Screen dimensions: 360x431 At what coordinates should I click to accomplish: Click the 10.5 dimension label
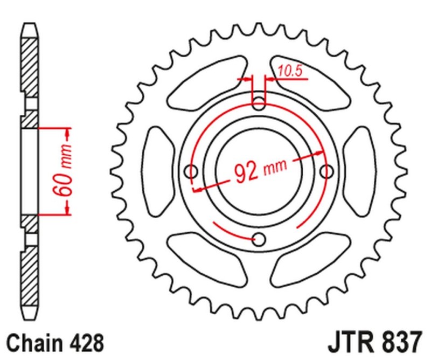[x=289, y=70]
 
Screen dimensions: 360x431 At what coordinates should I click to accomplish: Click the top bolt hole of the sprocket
[x=259, y=102]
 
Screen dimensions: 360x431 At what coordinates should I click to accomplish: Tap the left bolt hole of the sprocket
[x=191, y=171]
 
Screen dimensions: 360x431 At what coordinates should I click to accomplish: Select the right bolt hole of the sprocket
[x=326, y=171]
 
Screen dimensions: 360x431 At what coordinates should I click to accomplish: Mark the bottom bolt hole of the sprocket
[x=259, y=239]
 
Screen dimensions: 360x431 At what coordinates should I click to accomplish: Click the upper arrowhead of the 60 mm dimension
[x=68, y=133]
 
